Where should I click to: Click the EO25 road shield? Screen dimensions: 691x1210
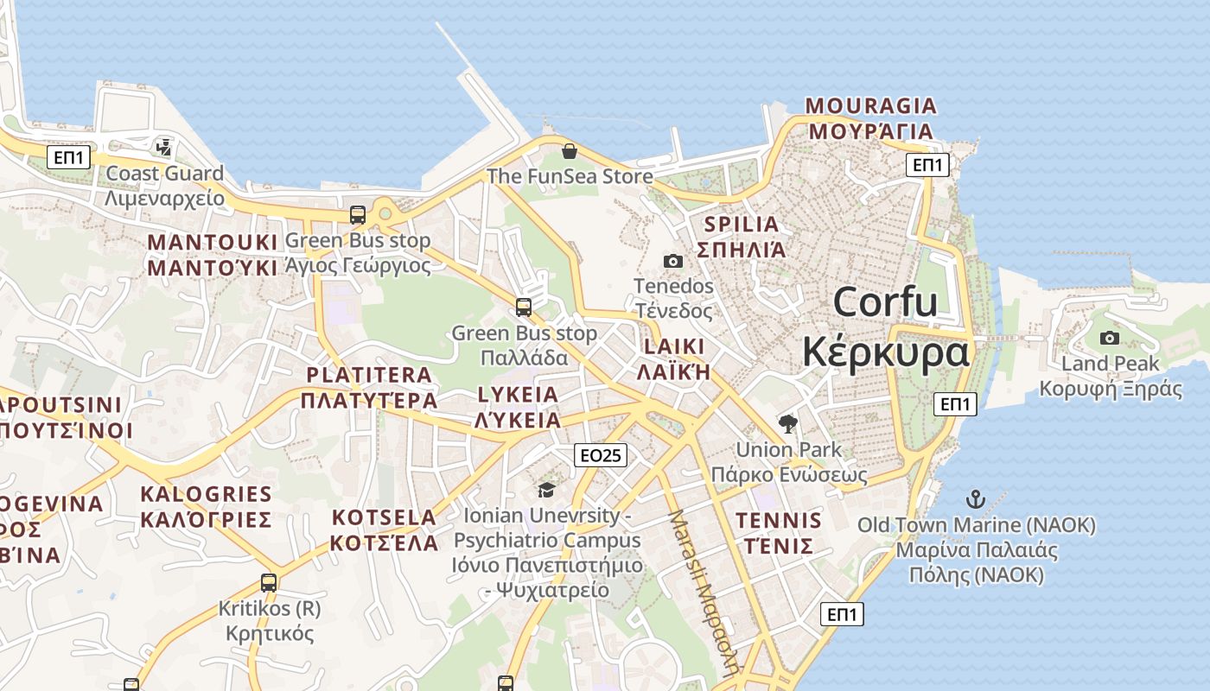click(x=600, y=455)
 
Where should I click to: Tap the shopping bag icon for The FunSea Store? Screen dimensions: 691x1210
click(x=570, y=152)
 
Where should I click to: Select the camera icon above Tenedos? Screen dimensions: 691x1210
click(x=673, y=261)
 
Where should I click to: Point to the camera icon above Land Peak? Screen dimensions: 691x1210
click(x=1110, y=339)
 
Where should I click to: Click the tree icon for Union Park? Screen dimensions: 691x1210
click(x=787, y=424)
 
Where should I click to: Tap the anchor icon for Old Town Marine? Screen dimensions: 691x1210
click(x=976, y=499)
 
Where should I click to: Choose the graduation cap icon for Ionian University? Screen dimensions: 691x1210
click(x=546, y=491)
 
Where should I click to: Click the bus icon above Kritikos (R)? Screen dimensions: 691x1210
click(x=269, y=583)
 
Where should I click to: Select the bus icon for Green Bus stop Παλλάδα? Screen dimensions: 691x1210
click(x=524, y=307)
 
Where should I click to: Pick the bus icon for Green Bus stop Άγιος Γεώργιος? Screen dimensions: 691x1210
click(x=358, y=215)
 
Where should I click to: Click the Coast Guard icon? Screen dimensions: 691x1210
click(x=163, y=148)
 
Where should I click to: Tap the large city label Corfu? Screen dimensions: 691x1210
click(x=886, y=302)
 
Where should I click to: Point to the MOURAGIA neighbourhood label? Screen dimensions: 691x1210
click(x=870, y=105)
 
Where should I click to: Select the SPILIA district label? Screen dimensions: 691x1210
click(x=741, y=225)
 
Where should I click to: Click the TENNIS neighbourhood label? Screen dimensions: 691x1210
click(x=778, y=521)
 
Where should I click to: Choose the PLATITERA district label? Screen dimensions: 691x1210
click(x=369, y=375)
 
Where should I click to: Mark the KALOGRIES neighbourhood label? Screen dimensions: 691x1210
click(x=206, y=494)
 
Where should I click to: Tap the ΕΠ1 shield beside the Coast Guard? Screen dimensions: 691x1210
click(x=69, y=157)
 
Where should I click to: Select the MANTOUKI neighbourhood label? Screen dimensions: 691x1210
click(x=213, y=242)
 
